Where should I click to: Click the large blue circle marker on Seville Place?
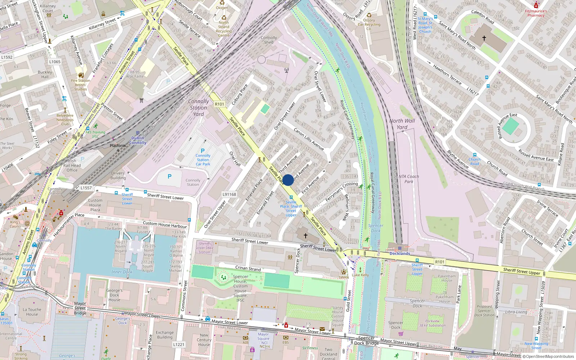[x=288, y=180]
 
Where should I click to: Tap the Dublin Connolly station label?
[x=138, y=140]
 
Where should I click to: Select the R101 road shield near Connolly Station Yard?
[x=219, y=104]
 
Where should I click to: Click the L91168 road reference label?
[x=229, y=194]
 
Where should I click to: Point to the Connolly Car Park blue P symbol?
[x=203, y=151]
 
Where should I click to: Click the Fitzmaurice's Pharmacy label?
[x=536, y=13]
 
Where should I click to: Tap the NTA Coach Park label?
[x=409, y=179]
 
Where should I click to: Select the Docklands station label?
[x=400, y=253]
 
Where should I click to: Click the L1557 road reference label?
[x=86, y=188]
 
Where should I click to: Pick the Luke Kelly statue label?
[x=360, y=275]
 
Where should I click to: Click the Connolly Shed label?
[x=269, y=40]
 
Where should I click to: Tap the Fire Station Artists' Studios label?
[x=81, y=85]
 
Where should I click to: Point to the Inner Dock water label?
[x=122, y=272]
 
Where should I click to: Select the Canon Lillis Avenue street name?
[x=309, y=139]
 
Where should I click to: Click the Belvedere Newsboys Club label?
[x=65, y=120]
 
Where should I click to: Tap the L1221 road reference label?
[x=179, y=345]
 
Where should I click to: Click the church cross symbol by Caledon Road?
[x=484, y=38]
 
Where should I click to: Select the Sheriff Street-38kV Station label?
[x=204, y=248]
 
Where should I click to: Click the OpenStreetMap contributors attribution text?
[x=549, y=357]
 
